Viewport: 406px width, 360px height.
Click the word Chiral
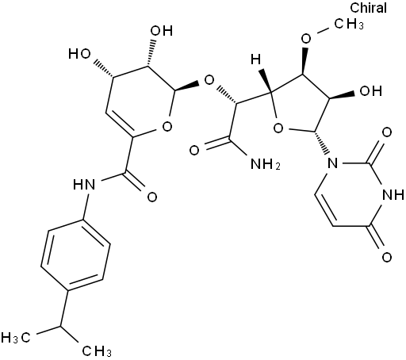click(369, 8)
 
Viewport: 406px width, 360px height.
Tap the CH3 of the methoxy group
click(349, 24)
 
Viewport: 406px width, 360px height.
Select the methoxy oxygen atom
click(306, 39)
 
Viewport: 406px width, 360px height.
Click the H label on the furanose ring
click(255, 59)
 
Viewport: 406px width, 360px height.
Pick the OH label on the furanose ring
click(371, 91)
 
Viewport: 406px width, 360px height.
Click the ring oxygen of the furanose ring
click(278, 128)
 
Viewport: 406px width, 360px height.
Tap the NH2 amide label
click(265, 164)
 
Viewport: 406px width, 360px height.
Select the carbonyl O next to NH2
click(194, 151)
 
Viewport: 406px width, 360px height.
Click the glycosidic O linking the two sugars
click(209, 80)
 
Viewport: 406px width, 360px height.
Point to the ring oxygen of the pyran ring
click(167, 126)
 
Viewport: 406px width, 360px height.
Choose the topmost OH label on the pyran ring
click(162, 31)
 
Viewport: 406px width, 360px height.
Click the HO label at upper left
click(79, 54)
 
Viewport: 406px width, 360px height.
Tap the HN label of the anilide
click(84, 184)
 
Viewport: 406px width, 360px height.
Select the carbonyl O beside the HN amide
click(152, 197)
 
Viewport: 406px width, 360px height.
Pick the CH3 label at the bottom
click(97, 351)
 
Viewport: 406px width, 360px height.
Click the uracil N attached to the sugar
click(332, 163)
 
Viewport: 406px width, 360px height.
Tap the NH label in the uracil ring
click(393, 195)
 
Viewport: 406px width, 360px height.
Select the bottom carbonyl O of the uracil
click(387, 257)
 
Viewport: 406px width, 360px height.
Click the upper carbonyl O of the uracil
click(387, 132)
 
